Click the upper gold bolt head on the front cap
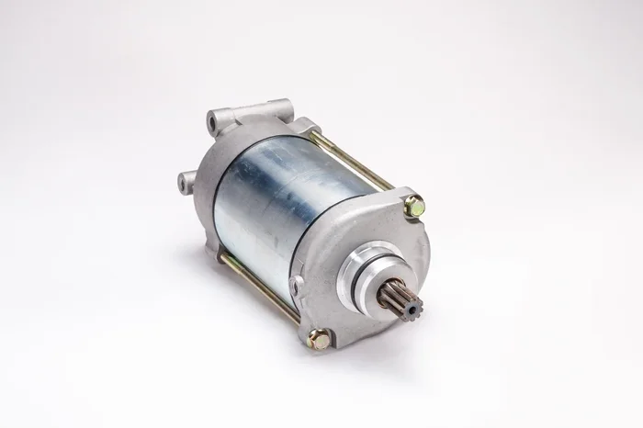pyautogui.click(x=413, y=207)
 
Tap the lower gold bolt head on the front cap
pyautogui.click(x=318, y=337)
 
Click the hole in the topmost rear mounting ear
pyautogui.click(x=213, y=119)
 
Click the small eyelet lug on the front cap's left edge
pyautogui.click(x=295, y=287)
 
